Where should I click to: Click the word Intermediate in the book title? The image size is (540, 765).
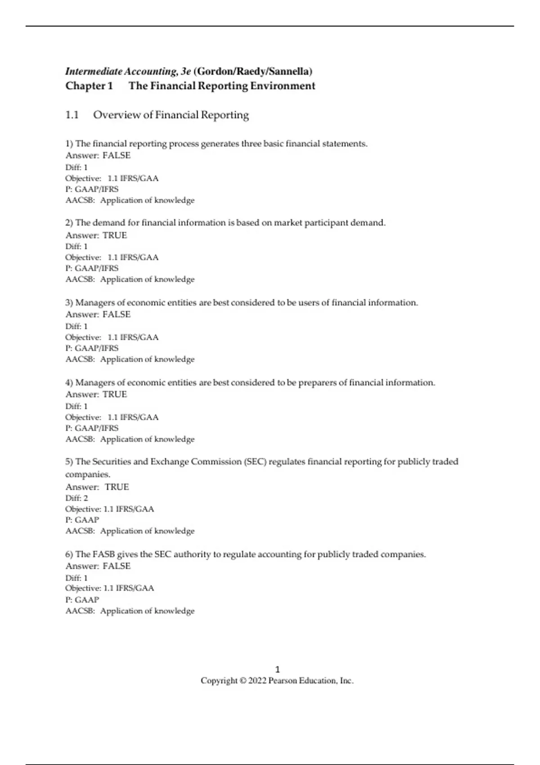[x=94, y=72]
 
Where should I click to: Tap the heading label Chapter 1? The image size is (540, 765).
[x=89, y=86]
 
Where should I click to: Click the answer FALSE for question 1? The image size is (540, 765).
[x=117, y=156]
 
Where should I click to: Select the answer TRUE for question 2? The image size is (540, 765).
[x=115, y=235]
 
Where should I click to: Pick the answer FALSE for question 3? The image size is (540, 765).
[x=117, y=315]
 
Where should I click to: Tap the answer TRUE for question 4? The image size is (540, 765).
[x=115, y=395]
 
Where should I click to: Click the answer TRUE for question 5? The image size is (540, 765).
[x=117, y=487]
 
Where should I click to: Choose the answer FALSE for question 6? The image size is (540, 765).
[x=117, y=566]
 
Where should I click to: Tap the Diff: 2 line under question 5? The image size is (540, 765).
[x=76, y=498]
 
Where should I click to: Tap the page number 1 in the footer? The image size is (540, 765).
[x=277, y=670]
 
